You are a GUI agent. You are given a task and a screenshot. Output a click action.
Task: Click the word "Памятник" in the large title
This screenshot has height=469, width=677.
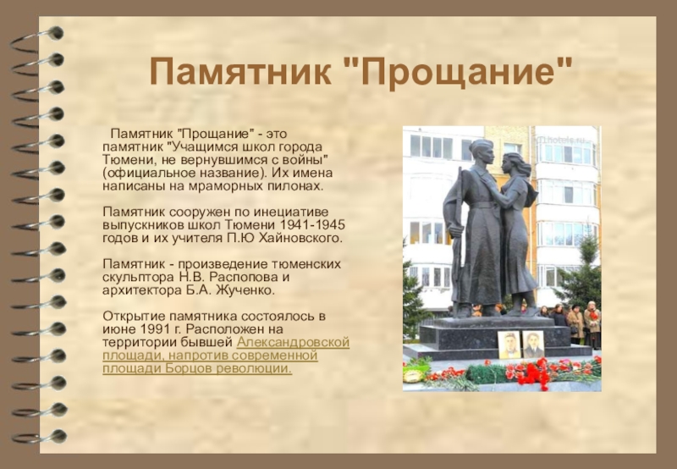tap(240, 72)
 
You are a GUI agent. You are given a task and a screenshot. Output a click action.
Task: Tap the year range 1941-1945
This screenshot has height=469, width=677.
tap(312, 225)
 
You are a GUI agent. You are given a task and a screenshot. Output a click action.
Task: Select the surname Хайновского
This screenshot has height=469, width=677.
tap(300, 238)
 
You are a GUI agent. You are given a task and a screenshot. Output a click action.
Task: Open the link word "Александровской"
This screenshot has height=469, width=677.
tap(293, 342)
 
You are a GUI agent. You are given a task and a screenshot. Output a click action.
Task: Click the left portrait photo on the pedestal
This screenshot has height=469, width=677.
tap(509, 345)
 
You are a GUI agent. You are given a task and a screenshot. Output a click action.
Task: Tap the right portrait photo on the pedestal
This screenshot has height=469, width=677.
tap(533, 345)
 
